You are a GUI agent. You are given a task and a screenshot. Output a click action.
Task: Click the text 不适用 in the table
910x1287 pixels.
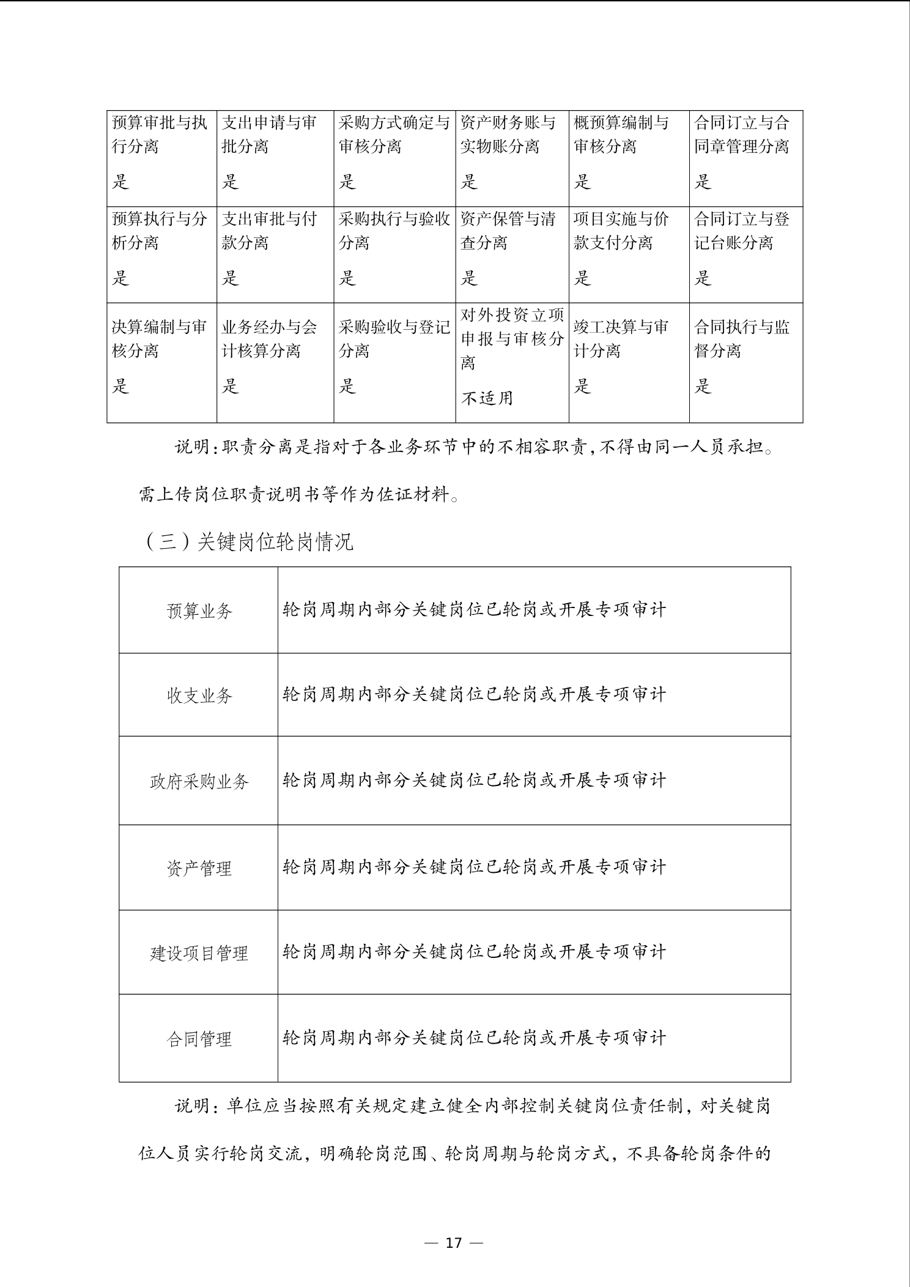pos(487,398)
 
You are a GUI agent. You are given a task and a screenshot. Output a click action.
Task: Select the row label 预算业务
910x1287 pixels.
pos(199,610)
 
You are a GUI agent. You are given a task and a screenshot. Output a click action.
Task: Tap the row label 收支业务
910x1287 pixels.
pos(199,695)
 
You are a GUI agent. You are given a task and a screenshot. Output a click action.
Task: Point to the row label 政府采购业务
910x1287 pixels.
pos(199,781)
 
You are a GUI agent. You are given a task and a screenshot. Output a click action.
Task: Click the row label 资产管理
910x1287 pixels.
pos(199,868)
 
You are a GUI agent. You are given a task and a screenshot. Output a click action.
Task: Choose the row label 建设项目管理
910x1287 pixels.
pos(199,953)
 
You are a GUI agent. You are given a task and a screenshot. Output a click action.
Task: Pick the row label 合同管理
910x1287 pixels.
pos(199,1039)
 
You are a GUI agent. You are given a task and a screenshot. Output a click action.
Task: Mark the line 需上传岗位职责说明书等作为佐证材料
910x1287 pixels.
pos(300,494)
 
